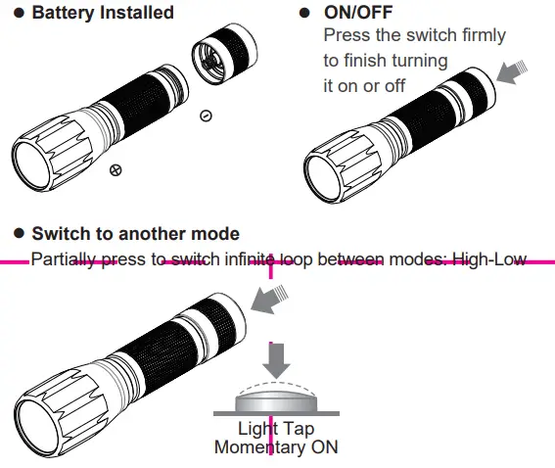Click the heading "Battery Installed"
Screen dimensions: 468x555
point(103,13)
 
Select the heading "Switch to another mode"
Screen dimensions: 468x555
point(135,235)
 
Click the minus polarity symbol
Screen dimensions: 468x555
point(206,116)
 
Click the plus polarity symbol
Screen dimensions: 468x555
point(116,170)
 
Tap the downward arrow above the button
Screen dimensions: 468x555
point(278,357)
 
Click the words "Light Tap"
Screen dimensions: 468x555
point(277,429)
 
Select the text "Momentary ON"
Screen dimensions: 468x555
point(277,447)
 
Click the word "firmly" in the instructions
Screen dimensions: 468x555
point(479,35)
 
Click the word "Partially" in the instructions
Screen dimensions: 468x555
point(62,259)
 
